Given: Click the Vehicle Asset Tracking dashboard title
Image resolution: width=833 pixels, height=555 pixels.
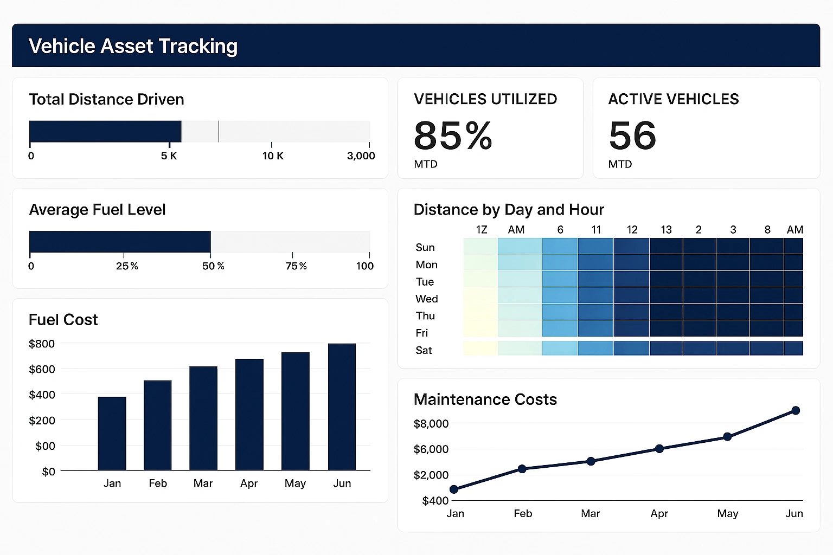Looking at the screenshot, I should (x=133, y=46).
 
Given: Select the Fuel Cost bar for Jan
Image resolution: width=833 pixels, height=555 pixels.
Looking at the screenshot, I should (x=112, y=434).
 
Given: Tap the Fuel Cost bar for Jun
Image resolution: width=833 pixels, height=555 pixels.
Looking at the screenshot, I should (x=342, y=406).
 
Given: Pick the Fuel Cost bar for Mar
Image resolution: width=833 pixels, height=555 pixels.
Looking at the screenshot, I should (x=203, y=418).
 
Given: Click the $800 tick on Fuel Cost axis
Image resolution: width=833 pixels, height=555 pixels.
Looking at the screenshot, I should (x=42, y=344).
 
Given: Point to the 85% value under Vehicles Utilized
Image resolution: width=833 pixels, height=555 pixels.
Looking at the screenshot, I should (x=453, y=135).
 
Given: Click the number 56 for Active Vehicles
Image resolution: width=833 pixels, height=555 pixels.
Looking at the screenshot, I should (x=632, y=135).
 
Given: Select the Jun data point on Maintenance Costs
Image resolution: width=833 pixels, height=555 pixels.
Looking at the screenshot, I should (x=796, y=410).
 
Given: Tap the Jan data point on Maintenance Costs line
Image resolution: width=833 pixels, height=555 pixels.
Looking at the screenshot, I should (x=454, y=489).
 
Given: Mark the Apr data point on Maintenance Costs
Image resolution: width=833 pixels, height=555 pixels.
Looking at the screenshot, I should (x=659, y=448).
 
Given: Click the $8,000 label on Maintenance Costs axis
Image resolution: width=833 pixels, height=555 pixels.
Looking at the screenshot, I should (x=431, y=423).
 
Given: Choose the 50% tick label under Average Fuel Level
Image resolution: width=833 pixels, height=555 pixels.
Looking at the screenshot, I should (x=213, y=266).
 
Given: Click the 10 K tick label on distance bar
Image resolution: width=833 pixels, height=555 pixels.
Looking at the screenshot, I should (x=273, y=156).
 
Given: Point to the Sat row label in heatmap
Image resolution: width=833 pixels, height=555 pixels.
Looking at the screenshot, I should (x=424, y=350).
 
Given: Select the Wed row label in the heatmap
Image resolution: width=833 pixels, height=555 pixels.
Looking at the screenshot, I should (x=426, y=299).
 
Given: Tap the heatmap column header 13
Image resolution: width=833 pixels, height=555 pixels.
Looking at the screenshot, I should (x=666, y=230).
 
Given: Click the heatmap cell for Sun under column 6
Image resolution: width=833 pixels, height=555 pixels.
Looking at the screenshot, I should (x=560, y=247).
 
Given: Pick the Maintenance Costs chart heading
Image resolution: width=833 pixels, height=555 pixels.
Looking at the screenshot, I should (x=485, y=399).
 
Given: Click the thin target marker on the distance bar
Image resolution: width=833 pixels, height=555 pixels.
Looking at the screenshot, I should (x=219, y=131).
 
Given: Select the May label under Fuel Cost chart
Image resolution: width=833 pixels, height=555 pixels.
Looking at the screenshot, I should (x=295, y=483).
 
